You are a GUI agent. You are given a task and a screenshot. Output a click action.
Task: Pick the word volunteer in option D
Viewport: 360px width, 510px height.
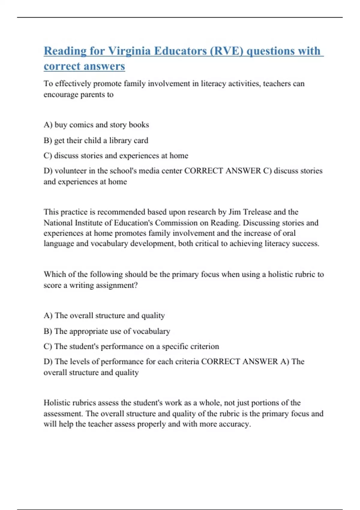[x=71, y=171]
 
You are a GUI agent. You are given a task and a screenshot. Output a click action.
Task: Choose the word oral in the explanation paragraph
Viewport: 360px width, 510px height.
[x=289, y=233]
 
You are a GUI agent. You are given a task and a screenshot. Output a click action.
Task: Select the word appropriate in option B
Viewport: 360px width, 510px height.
[x=81, y=331]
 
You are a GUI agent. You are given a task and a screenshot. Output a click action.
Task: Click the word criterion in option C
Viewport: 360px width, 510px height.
[x=205, y=346]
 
